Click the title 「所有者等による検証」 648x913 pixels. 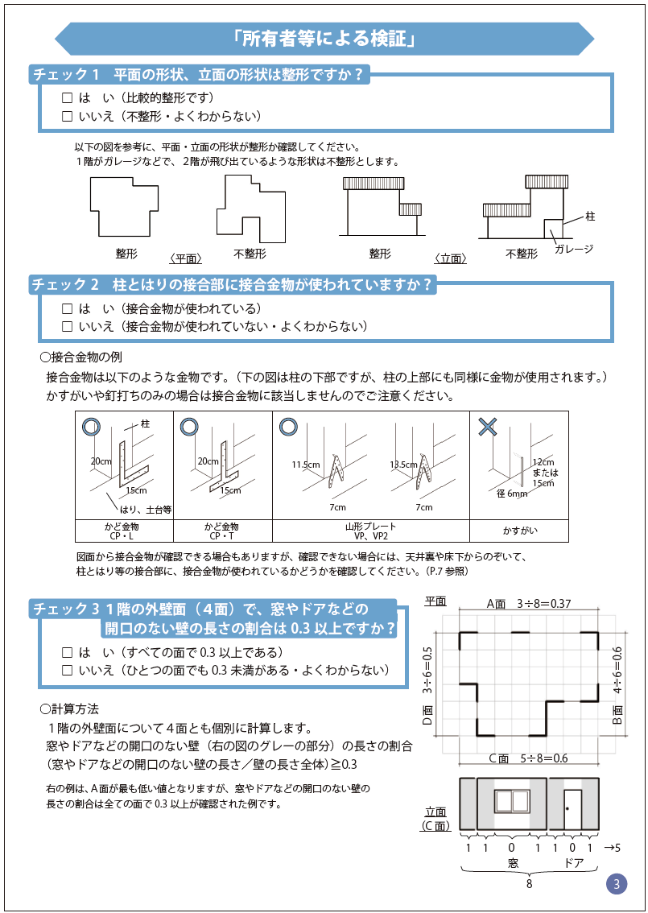click(x=324, y=38)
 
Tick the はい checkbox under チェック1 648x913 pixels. click(x=68, y=98)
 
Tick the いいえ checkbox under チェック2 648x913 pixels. click(x=68, y=327)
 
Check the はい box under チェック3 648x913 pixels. click(x=68, y=652)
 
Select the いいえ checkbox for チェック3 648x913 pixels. click(x=68, y=670)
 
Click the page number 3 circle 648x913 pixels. click(x=616, y=884)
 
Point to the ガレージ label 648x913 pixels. click(x=573, y=249)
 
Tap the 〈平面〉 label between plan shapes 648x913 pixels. click(x=184, y=258)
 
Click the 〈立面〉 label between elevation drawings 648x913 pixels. click(x=450, y=258)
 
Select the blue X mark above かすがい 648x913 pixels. click(x=487, y=427)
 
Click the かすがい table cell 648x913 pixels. click(x=519, y=531)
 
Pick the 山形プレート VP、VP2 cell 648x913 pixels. click(x=371, y=531)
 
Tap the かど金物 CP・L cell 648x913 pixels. click(x=124, y=531)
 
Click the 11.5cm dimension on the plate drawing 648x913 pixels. click(x=306, y=465)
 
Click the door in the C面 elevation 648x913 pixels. click(x=572, y=805)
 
